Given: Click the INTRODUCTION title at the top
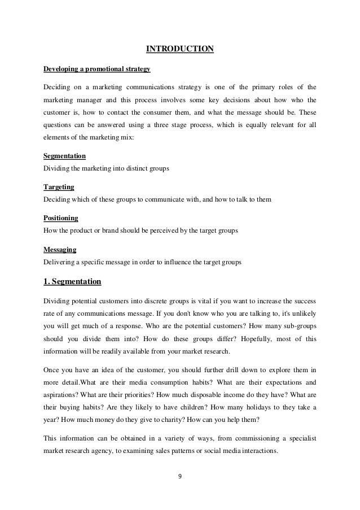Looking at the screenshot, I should [x=180, y=49].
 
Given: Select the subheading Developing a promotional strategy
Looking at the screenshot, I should [x=96, y=69].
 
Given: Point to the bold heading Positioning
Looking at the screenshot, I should [x=61, y=217].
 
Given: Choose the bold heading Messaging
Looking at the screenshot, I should [x=60, y=249].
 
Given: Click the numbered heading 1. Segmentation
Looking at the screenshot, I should [x=73, y=280].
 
